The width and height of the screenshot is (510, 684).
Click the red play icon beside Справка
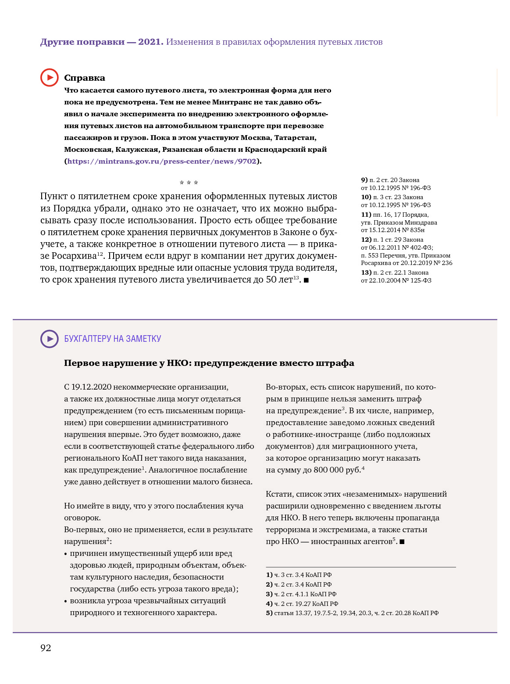coord(50,78)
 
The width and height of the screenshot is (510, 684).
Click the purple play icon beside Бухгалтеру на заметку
coord(50,339)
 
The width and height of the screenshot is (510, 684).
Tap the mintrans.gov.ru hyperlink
coord(161,161)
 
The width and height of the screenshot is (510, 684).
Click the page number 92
coord(46,648)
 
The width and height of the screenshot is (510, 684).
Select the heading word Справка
coord(85,78)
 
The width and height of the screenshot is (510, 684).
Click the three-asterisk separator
coord(189,183)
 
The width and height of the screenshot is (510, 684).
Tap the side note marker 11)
coord(366,215)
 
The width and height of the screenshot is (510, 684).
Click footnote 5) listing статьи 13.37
coord(352,613)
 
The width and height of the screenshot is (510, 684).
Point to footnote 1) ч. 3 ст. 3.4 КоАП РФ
coord(299,575)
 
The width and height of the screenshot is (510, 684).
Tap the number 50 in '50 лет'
coord(271,280)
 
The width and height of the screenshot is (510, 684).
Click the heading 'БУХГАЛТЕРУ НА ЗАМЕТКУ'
coord(113,339)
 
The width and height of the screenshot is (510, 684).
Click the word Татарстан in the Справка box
coord(295,138)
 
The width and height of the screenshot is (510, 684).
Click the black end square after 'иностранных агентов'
coord(402,542)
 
